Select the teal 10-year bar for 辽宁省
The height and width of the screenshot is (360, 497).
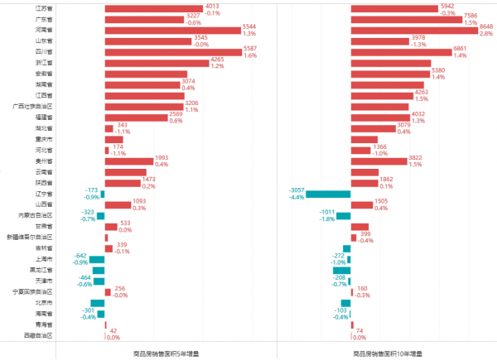coord(328,194)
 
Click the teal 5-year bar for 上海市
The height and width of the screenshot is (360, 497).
coord(98,259)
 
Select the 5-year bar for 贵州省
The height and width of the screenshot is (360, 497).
coord(129,161)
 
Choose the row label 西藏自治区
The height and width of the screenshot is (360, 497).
coord(38,336)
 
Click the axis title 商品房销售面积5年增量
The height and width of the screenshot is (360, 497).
coord(166,353)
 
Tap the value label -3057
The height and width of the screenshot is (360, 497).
coord(297,190)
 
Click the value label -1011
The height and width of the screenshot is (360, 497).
coord(327,212)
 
